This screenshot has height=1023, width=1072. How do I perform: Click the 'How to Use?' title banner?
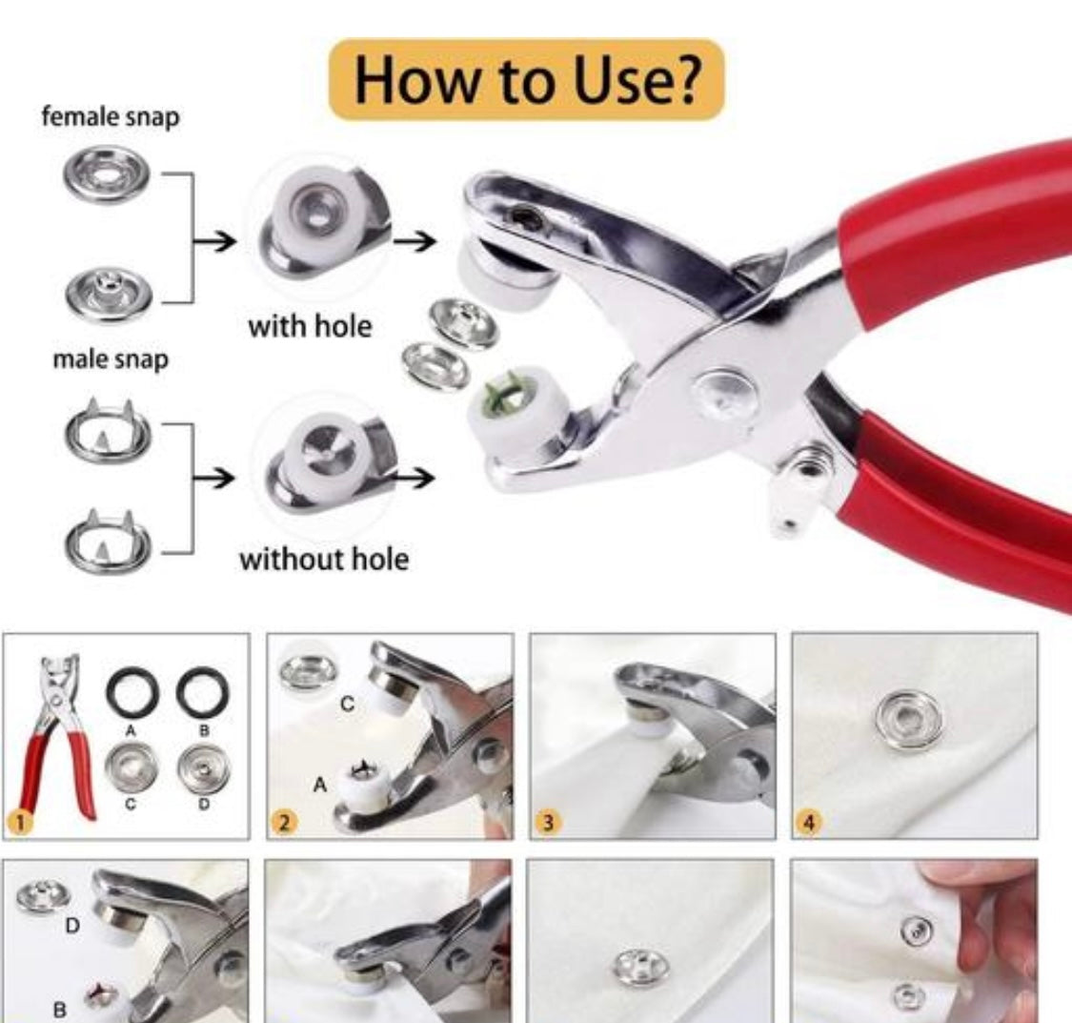tap(526, 80)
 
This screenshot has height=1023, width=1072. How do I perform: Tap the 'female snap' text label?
tap(110, 117)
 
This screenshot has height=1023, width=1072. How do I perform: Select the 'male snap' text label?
tap(110, 360)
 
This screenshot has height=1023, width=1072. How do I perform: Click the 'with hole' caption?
tap(310, 326)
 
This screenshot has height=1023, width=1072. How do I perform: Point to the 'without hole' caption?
tap(323, 558)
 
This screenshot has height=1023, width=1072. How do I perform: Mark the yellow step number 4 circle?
tap(808, 824)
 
